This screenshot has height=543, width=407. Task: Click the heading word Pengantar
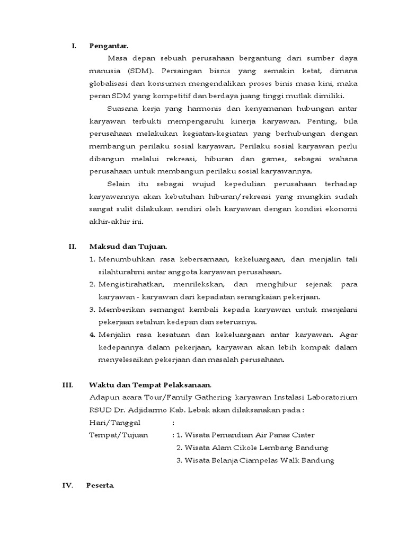109,46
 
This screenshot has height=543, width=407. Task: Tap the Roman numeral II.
73,246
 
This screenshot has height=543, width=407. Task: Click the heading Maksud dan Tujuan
128,246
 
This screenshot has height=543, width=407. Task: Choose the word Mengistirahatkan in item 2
129,285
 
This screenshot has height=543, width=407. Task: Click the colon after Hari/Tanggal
173,423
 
